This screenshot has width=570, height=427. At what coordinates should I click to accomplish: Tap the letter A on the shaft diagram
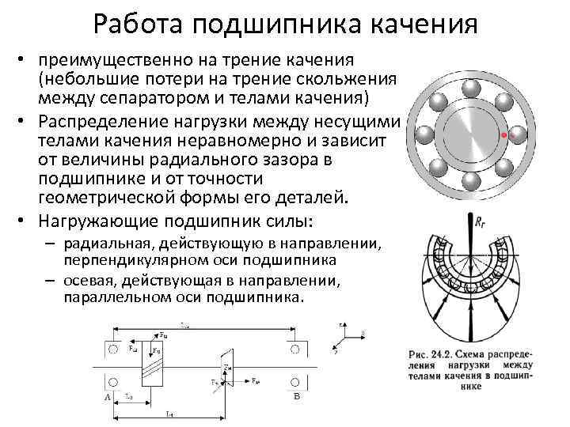click(x=106, y=397)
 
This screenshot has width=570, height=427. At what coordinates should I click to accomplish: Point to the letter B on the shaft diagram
click(x=295, y=397)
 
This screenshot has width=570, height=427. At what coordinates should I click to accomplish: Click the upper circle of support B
click(x=294, y=349)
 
